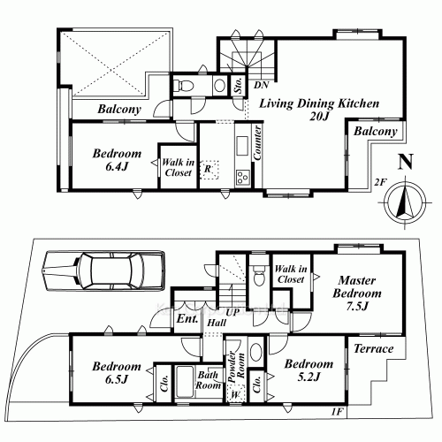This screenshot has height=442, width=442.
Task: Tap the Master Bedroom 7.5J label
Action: point(357,293)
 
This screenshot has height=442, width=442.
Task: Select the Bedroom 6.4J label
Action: point(117,160)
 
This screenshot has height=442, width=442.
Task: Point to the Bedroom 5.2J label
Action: point(309,370)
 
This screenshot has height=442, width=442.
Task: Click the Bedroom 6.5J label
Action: point(117,372)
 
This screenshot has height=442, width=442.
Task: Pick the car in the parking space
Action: point(103,271)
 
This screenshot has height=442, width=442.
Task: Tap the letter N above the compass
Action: point(405,162)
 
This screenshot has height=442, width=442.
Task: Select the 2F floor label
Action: point(380,182)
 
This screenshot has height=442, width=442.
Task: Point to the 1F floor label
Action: point(337,412)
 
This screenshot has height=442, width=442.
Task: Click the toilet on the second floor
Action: point(184,86)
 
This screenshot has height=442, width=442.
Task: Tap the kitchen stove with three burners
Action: point(243,178)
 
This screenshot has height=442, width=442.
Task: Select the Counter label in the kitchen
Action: point(257,142)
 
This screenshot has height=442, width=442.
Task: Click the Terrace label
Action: point(374,349)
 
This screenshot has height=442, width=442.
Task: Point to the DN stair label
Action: point(262,85)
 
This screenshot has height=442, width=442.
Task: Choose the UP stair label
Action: point(232,313)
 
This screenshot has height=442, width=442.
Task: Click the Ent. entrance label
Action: point(187,319)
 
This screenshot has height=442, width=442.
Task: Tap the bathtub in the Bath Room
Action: point(184,382)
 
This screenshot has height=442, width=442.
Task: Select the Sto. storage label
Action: point(239,85)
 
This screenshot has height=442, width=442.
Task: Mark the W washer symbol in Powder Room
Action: point(235,393)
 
